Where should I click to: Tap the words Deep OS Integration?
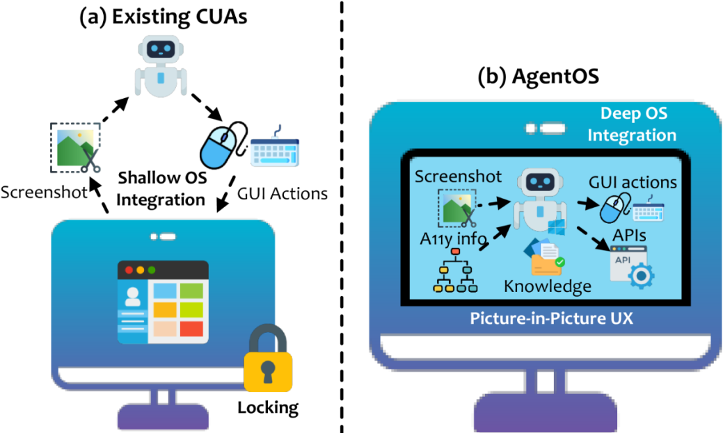click(631, 124)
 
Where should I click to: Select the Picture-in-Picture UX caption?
click(552, 318)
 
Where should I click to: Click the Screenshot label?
click(458, 177)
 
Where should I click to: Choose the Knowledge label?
click(548, 286)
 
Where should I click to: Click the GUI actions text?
click(633, 182)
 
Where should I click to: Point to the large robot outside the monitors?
click(161, 66)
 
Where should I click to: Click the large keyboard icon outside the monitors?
click(275, 147)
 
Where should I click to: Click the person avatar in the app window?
click(132, 297)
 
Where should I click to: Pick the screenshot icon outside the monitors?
click(75, 148)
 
